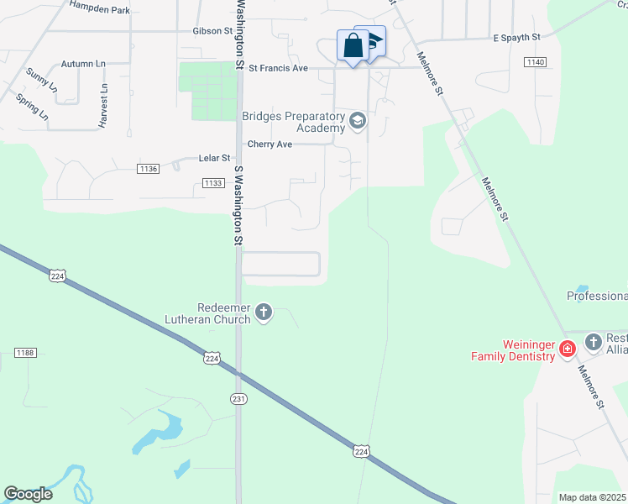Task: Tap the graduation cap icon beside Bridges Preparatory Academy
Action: [358, 122]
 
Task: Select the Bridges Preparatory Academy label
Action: [294, 122]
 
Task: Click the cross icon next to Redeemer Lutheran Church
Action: [264, 313]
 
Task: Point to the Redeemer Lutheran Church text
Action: [223, 313]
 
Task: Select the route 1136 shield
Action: [148, 169]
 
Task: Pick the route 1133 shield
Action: [213, 182]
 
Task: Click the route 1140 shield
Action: [535, 62]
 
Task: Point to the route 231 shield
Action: [238, 400]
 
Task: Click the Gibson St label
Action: [212, 31]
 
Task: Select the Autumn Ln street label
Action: [84, 64]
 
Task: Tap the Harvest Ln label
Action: [104, 105]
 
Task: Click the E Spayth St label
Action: [517, 38]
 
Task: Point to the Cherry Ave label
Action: [270, 144]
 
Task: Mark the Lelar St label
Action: [214, 158]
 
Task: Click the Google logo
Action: [28, 494]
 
